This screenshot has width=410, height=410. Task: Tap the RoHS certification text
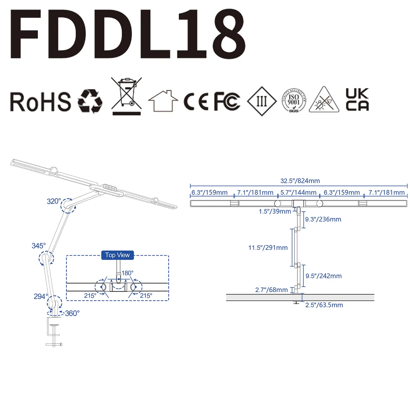40,102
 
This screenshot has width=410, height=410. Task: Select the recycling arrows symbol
90,101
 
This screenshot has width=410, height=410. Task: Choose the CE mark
196,101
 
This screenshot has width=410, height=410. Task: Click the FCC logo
227,101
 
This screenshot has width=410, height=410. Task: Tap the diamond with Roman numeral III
262,101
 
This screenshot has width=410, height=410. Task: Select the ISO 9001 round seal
294,100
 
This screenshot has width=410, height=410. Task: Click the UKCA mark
357,100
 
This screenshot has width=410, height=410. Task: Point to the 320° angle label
54,201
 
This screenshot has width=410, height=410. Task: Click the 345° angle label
39,246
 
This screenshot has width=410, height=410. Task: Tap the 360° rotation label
72,313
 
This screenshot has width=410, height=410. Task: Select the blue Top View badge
117,255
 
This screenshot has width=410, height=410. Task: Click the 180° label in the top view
127,273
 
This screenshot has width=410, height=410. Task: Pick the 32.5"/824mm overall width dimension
300,181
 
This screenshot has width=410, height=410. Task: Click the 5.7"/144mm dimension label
298,192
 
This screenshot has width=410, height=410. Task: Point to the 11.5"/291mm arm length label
268,248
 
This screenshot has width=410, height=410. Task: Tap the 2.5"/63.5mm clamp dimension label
324,305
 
